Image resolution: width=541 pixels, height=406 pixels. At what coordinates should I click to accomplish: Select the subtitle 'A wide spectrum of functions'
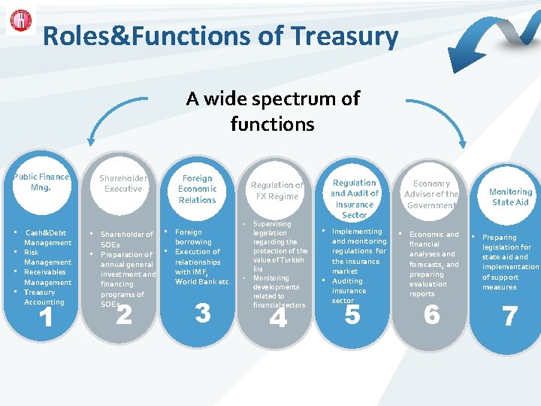pos(273,111)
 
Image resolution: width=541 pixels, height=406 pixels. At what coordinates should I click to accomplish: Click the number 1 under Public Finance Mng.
pos(45,318)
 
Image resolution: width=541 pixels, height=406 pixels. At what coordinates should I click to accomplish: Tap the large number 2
pos(124,315)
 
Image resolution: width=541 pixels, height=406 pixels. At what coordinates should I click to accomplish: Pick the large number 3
pos(202,313)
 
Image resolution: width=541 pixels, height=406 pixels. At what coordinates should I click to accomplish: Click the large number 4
pos(278,318)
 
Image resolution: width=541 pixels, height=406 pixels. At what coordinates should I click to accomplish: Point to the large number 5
pos(352,315)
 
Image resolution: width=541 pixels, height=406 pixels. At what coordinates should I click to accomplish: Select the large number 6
pos(431,315)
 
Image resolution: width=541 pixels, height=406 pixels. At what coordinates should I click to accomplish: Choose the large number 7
pos(509,317)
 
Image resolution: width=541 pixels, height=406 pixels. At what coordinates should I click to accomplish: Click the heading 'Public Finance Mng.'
pos(41,182)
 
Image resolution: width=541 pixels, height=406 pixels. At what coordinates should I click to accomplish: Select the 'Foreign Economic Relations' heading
pos(197,189)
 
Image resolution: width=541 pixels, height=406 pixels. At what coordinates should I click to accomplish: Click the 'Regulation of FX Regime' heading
pos(277,190)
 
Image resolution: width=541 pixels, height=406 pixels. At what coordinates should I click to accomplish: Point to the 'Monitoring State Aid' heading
pos(510,197)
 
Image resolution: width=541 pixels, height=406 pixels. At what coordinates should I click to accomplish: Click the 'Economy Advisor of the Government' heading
pos(431,194)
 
